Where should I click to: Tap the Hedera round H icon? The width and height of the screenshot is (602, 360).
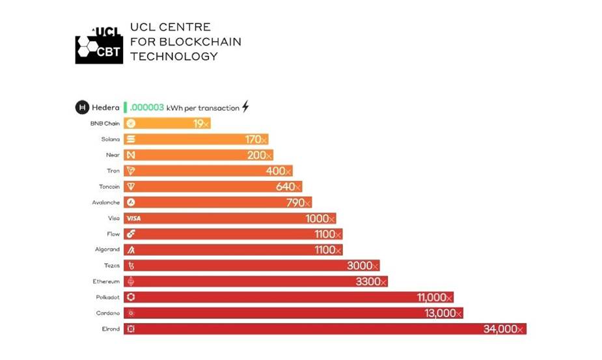(82, 107)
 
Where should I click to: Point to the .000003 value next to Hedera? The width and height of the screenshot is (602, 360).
(146, 107)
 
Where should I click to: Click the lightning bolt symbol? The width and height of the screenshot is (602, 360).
(245, 107)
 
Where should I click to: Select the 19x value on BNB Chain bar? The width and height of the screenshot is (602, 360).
(201, 124)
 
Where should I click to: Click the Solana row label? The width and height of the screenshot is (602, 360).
(110, 139)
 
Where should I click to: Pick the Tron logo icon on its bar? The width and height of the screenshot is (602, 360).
(131, 171)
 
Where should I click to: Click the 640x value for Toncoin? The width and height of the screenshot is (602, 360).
(290, 187)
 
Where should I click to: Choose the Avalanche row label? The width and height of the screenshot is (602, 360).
(106, 202)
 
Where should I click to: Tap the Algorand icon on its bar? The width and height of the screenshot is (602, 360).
(131, 250)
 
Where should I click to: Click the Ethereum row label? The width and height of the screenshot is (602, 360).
(106, 281)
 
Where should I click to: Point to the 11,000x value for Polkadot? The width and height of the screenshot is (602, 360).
(434, 298)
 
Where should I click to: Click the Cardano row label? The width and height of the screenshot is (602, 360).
(108, 313)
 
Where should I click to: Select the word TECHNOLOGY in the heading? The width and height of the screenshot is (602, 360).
(174, 57)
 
